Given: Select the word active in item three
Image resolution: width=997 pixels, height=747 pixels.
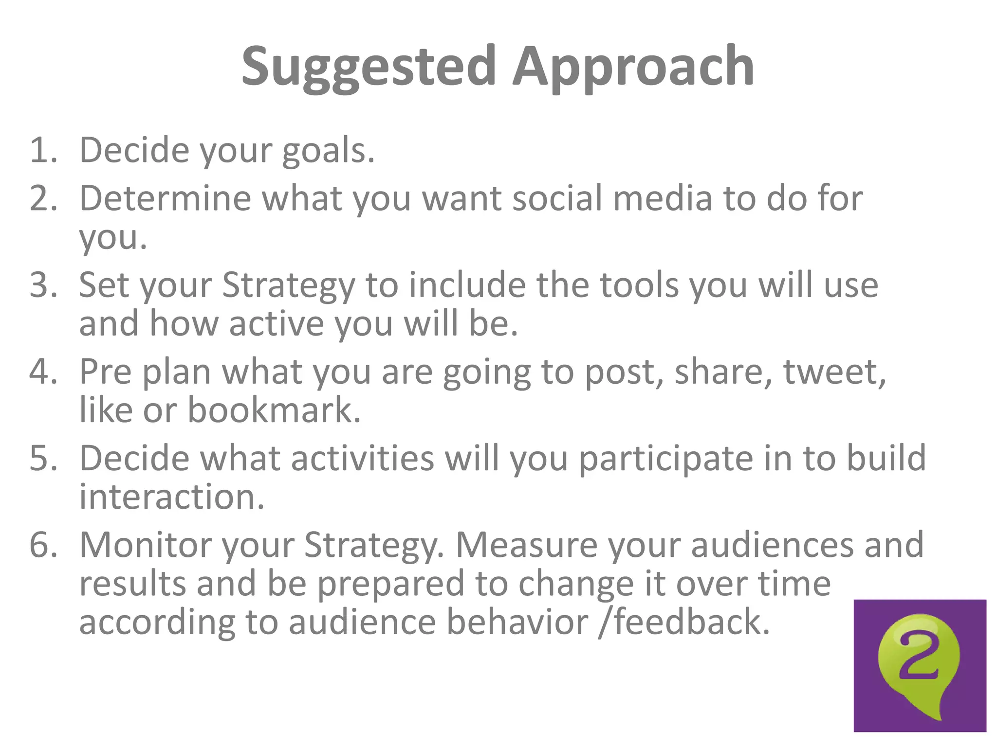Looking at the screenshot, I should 276,324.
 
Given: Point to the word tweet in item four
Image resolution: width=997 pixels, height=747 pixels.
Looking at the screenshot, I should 833,372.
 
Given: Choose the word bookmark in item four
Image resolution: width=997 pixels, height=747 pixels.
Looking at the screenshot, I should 274,410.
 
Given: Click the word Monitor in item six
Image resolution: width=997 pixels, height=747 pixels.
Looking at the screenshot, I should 145,545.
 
